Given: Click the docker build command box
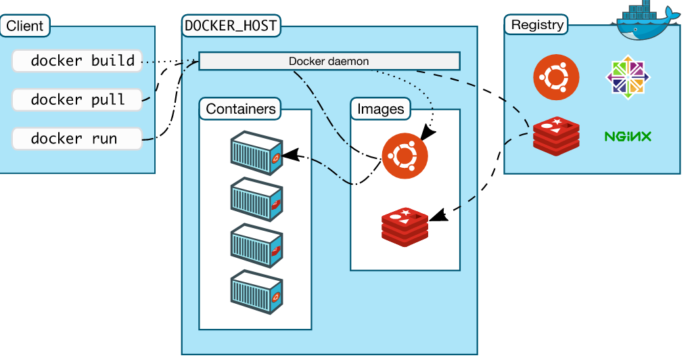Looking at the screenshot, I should [x=77, y=61].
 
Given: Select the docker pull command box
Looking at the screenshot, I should [x=77, y=99].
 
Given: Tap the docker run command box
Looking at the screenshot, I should [x=77, y=139].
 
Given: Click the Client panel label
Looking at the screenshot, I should [x=25, y=26].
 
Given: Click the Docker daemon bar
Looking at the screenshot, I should [x=329, y=61].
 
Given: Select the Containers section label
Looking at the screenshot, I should [x=241, y=108].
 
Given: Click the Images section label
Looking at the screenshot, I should [x=380, y=108].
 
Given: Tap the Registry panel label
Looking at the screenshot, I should [x=537, y=25].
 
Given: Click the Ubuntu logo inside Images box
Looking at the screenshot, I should [x=405, y=156].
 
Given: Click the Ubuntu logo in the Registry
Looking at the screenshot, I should [x=556, y=77].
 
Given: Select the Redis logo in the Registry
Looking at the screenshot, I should [x=556, y=134].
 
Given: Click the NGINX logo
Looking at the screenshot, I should [x=628, y=137].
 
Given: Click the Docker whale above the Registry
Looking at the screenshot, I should [x=646, y=21].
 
